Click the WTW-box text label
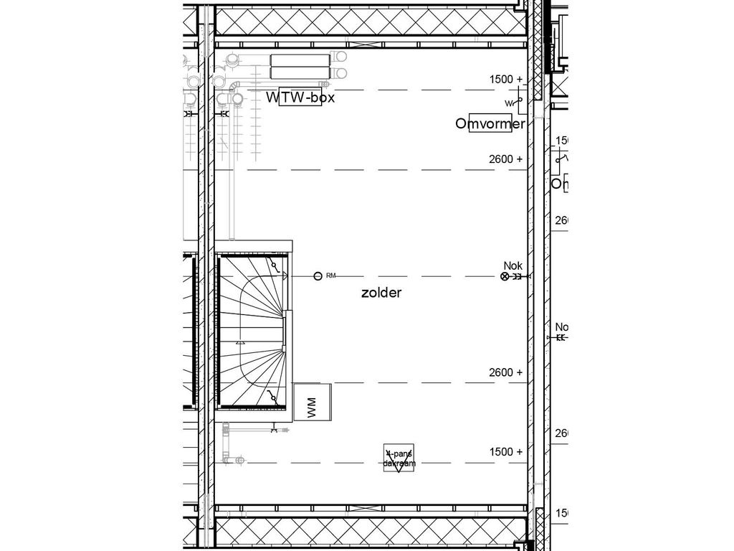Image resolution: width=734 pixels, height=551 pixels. coord(300,98)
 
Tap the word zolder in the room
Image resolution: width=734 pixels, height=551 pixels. coord(381,293)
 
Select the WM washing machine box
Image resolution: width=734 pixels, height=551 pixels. coord(313,402)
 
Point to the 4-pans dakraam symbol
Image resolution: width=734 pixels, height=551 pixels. coord(399,458)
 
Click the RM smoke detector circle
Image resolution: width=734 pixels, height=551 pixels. coord(318,275)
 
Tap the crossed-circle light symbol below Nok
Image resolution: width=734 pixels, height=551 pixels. coord(505,276)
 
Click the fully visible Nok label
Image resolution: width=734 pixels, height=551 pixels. coord(513,265)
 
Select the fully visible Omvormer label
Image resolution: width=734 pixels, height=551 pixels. coord(490,123)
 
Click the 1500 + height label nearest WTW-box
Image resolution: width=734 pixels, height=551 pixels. coord(506,79)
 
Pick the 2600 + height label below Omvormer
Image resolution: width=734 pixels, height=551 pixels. coord(506,159)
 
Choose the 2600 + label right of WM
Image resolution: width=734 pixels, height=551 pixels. coord(506,372)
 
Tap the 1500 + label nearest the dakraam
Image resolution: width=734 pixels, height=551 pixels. coord(506,452)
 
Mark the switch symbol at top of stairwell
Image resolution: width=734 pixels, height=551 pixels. coord(274,267)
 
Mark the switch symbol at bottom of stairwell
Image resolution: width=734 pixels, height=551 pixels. coord(272,397)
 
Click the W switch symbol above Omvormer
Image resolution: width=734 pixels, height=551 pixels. coord(512,103)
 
